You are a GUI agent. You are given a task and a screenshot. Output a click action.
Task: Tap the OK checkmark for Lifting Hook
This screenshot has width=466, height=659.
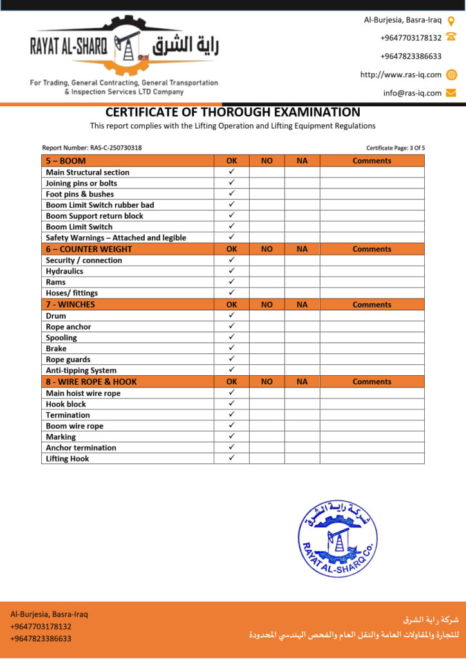[232, 458]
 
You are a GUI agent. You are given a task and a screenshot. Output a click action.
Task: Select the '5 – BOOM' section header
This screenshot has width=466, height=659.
[66, 161]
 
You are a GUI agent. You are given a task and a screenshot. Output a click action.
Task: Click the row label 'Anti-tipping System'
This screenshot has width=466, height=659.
[81, 371]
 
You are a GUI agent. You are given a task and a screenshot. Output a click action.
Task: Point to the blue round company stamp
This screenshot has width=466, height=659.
[337, 538]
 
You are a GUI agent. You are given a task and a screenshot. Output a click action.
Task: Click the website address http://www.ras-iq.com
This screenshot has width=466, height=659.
[401, 75]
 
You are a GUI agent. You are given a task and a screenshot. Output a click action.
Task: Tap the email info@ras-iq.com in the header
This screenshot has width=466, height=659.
[413, 93]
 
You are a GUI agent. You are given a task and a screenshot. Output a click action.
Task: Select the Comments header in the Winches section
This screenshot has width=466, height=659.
[371, 304]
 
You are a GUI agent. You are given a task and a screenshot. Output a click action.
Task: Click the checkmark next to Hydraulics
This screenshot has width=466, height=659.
[232, 271]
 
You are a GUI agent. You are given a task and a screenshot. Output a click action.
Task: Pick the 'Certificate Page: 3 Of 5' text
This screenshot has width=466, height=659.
[395, 148]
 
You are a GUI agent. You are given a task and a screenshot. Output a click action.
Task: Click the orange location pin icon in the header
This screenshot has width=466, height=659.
[451, 20]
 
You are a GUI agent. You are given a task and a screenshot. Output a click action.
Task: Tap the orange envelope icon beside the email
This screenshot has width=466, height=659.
[451, 93]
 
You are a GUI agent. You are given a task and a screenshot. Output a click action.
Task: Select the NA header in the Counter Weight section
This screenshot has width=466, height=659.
[302, 249]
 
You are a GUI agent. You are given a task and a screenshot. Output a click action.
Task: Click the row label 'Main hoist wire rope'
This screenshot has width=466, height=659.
[83, 393]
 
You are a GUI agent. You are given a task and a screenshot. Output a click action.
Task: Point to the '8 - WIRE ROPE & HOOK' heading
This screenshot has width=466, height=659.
[91, 382]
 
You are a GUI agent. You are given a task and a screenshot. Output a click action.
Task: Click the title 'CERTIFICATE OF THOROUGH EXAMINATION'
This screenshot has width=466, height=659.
[233, 113]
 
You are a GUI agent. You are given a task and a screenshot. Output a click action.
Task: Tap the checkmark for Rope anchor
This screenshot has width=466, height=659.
[232, 326]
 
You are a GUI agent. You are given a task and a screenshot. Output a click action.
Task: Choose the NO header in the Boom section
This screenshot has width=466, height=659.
[266, 161]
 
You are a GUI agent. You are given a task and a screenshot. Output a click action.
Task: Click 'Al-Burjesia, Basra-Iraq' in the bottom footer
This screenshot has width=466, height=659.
[49, 614]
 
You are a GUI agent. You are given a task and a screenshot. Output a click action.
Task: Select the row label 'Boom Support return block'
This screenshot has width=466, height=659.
[95, 216]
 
